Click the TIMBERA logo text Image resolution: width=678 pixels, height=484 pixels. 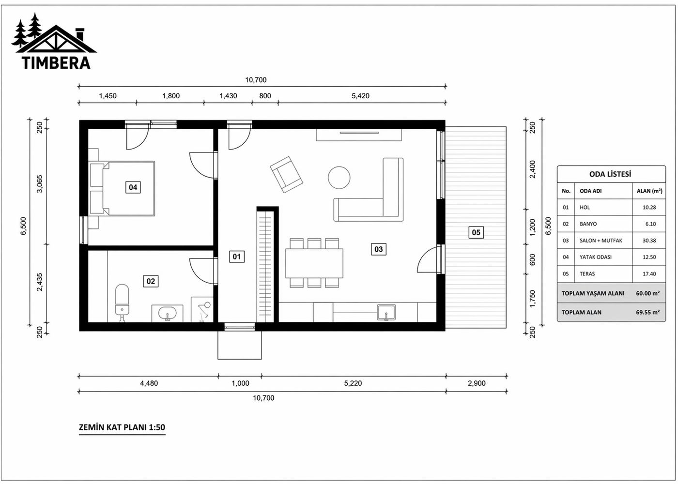[56, 63]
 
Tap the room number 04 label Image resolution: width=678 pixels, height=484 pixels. [133, 187]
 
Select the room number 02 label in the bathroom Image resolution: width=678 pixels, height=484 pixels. [151, 281]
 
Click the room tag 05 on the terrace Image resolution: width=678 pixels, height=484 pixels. [476, 232]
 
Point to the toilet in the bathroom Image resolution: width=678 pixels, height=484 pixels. [122, 301]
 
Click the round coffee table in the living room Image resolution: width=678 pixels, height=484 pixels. [339, 178]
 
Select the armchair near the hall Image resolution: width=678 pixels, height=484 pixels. [286, 174]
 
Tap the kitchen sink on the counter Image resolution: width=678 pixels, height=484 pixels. [386, 312]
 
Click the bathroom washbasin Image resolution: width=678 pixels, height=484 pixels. [168, 313]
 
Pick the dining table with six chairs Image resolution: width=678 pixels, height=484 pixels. [314, 263]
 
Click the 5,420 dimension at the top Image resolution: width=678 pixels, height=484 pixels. [360, 96]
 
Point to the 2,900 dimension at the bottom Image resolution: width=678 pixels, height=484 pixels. [477, 383]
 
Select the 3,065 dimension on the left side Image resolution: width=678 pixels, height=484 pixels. [40, 184]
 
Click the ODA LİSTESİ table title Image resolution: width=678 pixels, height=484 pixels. [610, 174]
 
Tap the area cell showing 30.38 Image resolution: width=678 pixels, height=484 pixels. [649, 241]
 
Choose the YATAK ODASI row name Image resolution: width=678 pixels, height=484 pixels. [595, 257]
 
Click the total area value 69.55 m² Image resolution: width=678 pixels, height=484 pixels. [647, 312]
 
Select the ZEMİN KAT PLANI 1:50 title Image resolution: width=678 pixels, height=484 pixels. [122, 427]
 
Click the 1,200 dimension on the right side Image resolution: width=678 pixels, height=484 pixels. [533, 227]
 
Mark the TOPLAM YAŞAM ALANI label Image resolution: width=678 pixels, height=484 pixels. [593, 293]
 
